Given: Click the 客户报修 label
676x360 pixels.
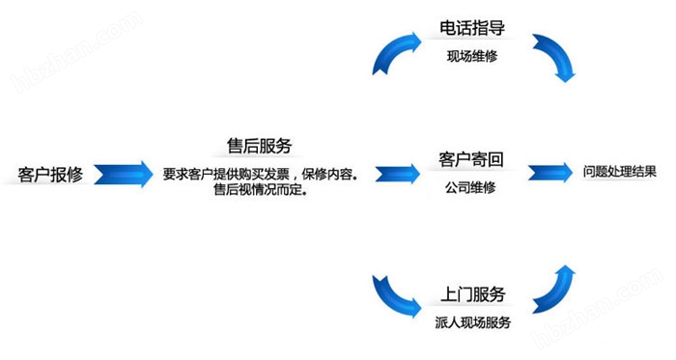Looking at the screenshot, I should pos(52,175).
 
